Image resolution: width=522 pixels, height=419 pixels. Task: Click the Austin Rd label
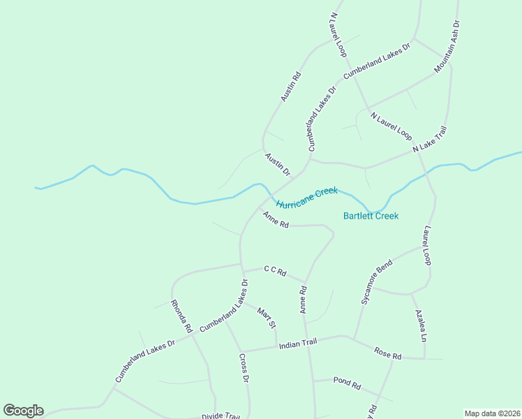tap(291, 87)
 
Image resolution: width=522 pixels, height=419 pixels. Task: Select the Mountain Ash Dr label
tap(447, 47)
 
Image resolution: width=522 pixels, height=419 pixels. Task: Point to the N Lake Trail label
tap(429, 140)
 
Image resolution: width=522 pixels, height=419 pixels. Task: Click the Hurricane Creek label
tap(306, 198)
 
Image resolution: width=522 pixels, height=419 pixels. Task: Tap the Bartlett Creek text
tap(371, 216)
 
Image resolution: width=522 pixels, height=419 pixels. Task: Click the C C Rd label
tap(275, 271)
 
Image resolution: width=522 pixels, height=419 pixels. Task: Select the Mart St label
tap(267, 318)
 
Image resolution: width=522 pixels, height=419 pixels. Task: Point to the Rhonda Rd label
tap(181, 316)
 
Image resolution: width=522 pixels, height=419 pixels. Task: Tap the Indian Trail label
tap(298, 343)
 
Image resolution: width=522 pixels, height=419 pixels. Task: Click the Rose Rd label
tap(387, 353)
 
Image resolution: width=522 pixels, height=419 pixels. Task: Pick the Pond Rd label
tap(346, 383)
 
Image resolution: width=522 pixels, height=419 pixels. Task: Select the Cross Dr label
tap(244, 368)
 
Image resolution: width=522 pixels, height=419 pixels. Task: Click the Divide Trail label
tap(221, 416)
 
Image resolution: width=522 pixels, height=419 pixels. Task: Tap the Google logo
tap(23, 411)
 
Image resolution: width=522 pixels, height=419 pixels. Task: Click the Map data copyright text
tap(492, 413)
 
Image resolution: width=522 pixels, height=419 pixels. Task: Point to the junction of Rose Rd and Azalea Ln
tap(425, 359)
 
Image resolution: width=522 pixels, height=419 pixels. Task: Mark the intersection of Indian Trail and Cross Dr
tap(241, 351)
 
